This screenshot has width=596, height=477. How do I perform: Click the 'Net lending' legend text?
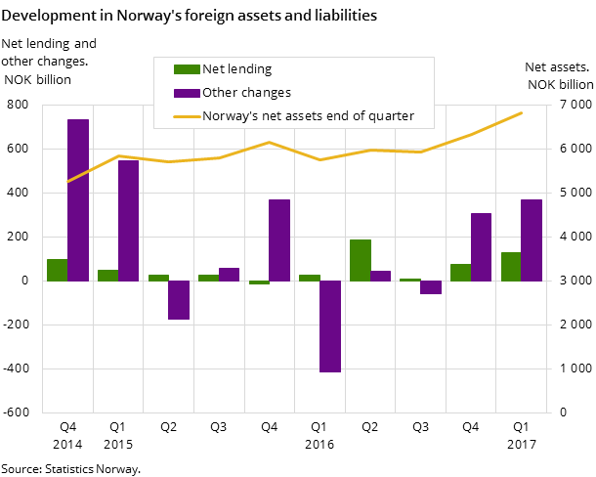[236, 69]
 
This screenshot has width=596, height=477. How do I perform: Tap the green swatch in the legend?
[186, 69]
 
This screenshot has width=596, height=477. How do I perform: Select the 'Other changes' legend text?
[246, 93]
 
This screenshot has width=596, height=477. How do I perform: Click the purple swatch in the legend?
[186, 93]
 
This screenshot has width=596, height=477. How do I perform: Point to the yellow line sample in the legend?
[186, 116]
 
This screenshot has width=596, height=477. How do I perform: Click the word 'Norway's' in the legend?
[229, 116]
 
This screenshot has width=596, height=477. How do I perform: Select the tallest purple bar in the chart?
[78, 199]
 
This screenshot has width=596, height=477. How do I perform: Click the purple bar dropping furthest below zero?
[330, 326]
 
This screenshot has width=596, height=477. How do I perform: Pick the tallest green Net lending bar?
[361, 260]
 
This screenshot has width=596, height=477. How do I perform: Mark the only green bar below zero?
[259, 282]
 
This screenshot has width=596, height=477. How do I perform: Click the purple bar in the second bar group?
[128, 220]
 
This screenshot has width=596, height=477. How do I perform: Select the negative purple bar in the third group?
[179, 300]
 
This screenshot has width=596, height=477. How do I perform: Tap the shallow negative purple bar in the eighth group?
[431, 287]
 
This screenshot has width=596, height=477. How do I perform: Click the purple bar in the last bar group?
[532, 239]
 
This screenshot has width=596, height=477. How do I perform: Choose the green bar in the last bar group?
[511, 267]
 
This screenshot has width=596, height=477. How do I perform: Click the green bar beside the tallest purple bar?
[58, 270]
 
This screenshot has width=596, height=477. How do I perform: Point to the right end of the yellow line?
[522, 112]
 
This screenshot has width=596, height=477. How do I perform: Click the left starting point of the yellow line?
[67, 182]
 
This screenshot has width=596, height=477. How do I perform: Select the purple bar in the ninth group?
[481, 246]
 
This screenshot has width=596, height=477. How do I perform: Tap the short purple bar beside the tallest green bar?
[380, 276]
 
